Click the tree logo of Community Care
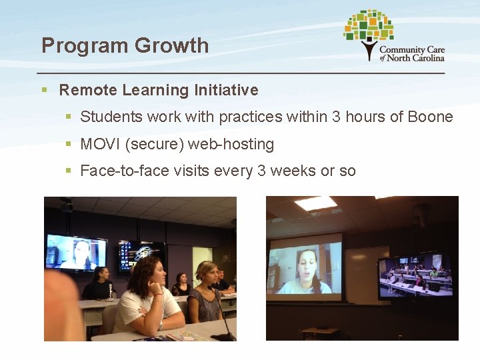(368, 33)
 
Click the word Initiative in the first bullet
(226, 89)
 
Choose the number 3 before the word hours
(337, 117)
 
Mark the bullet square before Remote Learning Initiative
(44, 90)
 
